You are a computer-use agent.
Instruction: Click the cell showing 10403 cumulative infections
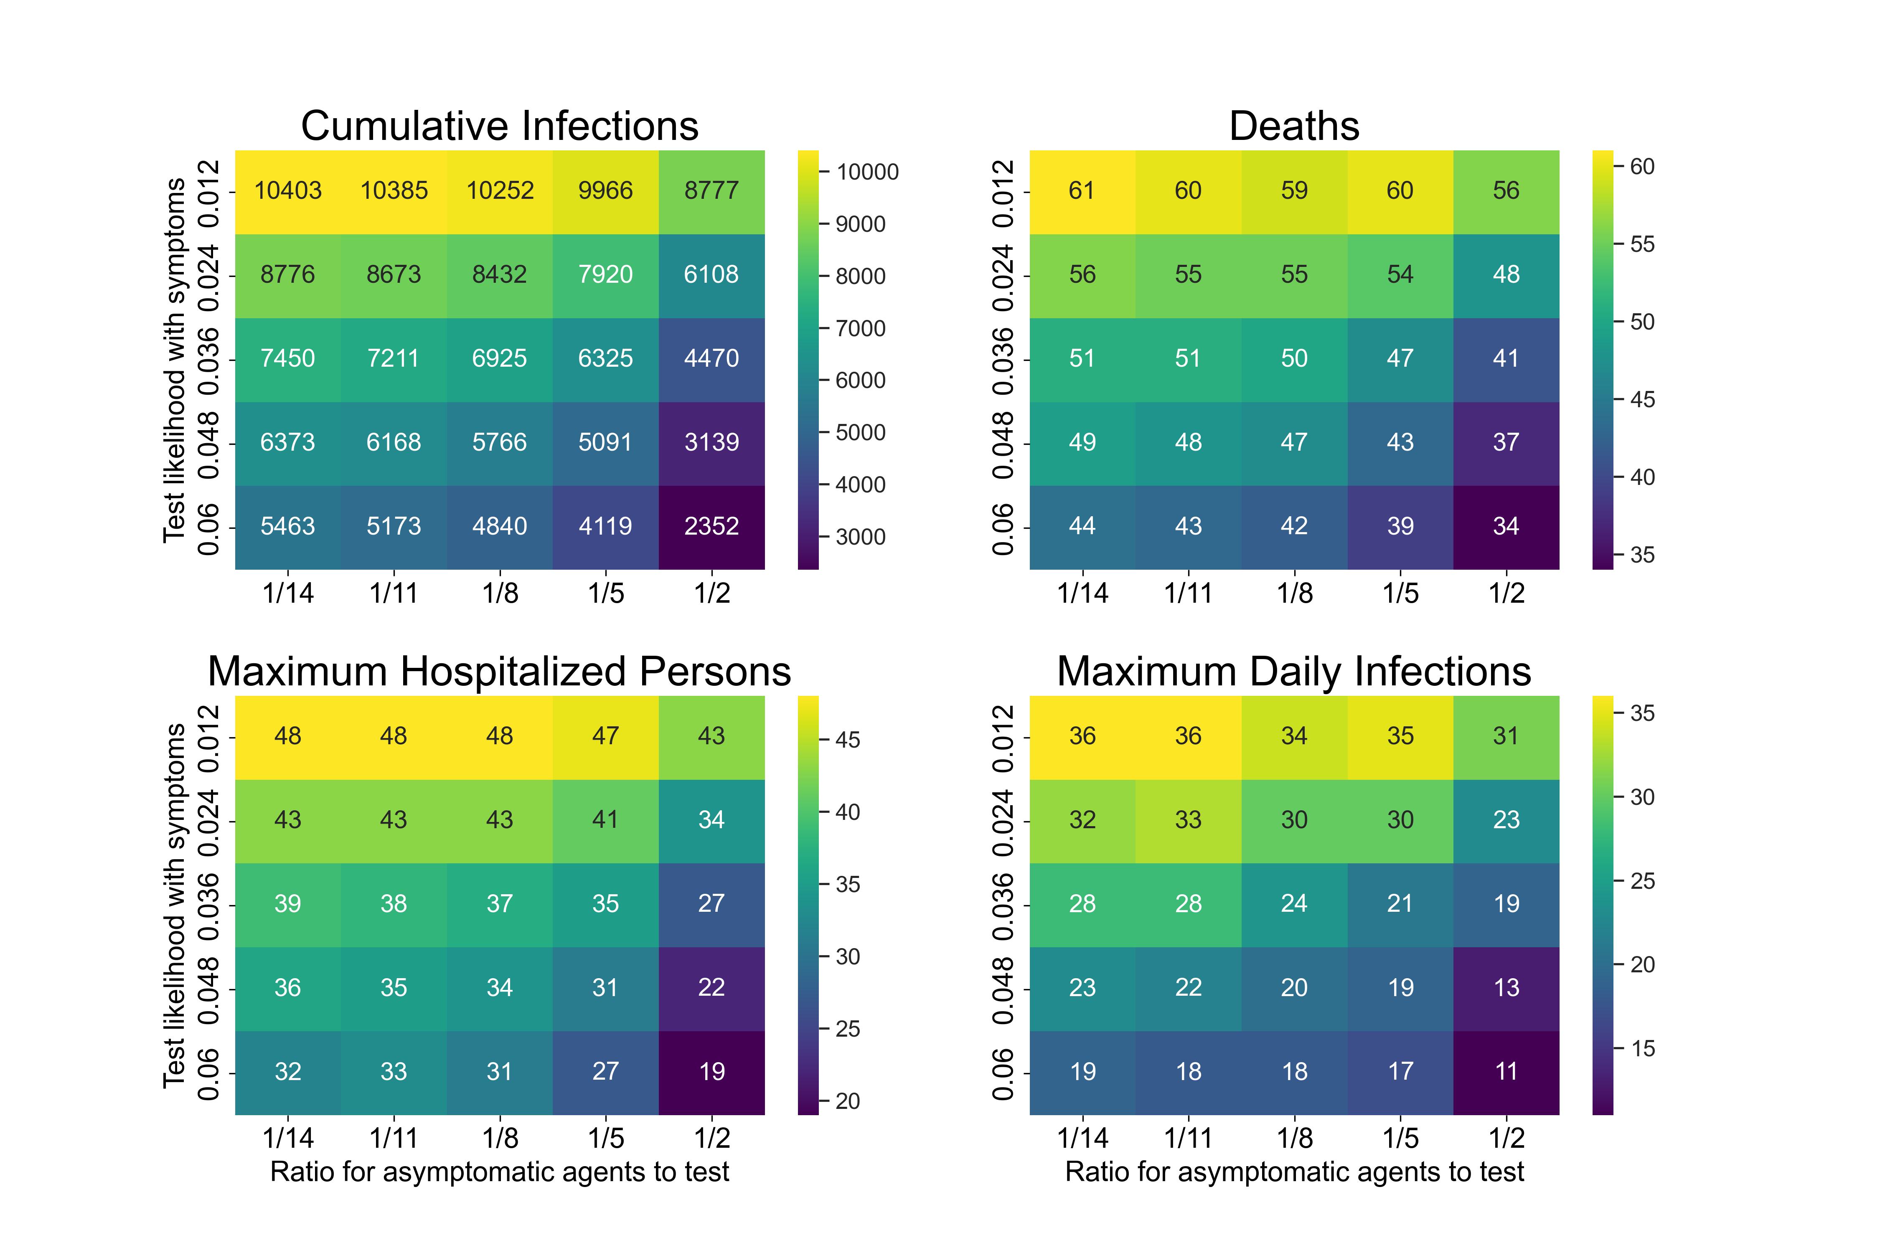288,191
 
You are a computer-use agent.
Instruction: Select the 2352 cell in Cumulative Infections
711,527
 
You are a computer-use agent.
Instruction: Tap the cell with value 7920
605,275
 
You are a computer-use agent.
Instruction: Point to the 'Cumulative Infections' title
500,126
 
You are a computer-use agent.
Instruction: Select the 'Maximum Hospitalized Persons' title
500,671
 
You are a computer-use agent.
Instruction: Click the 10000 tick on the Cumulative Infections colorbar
866,172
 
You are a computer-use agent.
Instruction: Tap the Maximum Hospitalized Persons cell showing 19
711,1072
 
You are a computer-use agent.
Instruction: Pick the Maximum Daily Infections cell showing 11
1506,1072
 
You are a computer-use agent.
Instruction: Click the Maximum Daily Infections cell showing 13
1506,988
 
